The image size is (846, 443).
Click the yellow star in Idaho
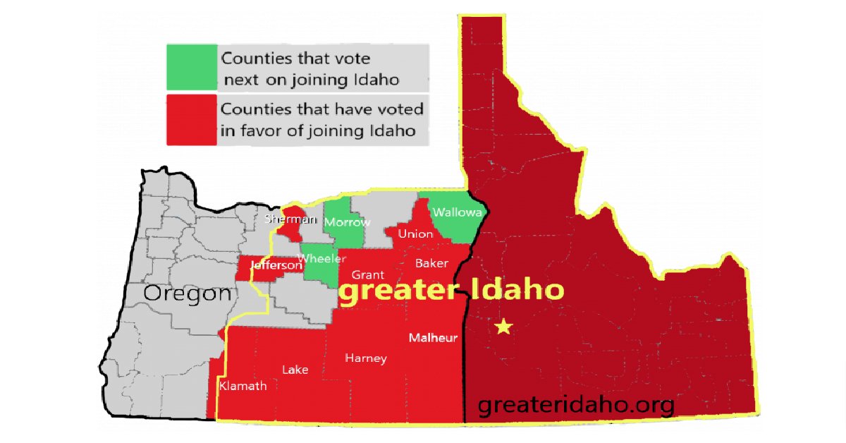coord(503,327)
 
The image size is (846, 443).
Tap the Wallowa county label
coord(457,212)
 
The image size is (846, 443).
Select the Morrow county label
coord(347,222)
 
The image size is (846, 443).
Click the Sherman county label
coord(290,219)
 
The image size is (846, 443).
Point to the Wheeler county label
coord(321,258)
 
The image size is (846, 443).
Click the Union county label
coord(415,233)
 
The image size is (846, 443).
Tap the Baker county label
coord(431,263)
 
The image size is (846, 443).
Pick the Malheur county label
coord(433,337)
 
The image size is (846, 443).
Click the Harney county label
coord(366,358)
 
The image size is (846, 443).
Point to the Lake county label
coord(295,370)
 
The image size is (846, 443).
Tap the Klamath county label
coord(243,386)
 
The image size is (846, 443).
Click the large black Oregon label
coord(188,293)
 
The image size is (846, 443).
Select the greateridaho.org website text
coord(575,406)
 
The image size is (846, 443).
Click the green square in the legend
coord(192,67)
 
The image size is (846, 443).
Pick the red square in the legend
coord(192,120)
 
